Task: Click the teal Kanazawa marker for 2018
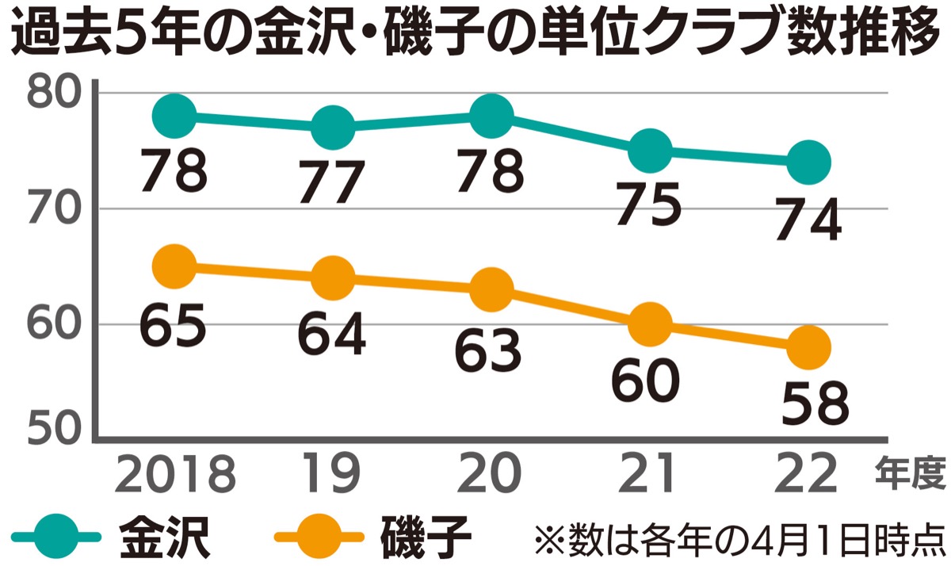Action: [x=174, y=116]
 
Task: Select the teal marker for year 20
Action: [x=491, y=116]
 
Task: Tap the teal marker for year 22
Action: [x=808, y=162]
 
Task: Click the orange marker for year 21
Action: [x=650, y=324]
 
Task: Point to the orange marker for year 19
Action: [x=333, y=277]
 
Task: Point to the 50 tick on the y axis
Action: [x=52, y=429]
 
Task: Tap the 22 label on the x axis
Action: [x=808, y=475]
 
